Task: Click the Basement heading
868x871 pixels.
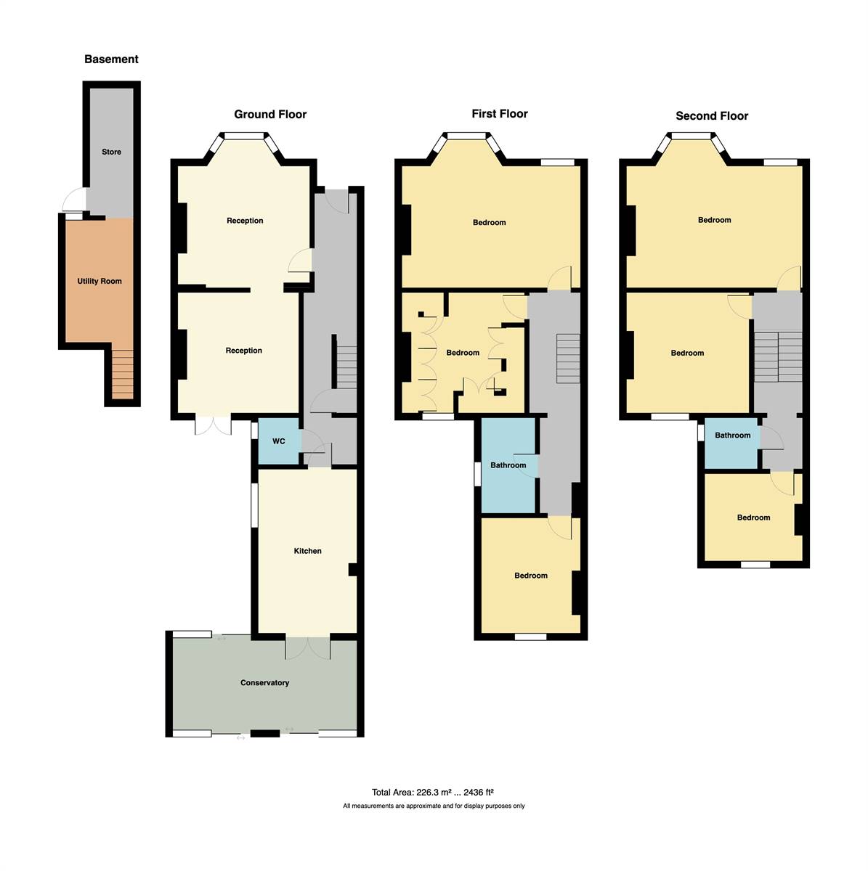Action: [111, 60]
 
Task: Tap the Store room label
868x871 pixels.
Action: [111, 152]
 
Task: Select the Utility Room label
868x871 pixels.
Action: [100, 281]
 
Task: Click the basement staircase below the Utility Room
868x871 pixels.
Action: [123, 375]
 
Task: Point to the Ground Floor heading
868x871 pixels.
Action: [270, 114]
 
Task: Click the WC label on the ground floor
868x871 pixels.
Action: [278, 441]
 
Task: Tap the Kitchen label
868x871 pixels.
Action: [307, 551]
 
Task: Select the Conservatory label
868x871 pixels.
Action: [264, 683]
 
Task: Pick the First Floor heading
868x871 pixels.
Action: [500, 113]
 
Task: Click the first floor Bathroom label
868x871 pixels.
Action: [508, 465]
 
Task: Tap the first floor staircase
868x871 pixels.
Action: [568, 359]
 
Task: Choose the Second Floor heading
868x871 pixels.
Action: [711, 115]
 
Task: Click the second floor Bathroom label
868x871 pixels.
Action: [732, 435]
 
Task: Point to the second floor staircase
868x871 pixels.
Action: [777, 356]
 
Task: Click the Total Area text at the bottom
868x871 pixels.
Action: [433, 793]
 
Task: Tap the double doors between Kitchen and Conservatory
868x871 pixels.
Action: [308, 647]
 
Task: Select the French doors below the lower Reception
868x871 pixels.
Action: [213, 426]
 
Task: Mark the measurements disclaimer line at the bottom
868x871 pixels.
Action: [434, 806]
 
